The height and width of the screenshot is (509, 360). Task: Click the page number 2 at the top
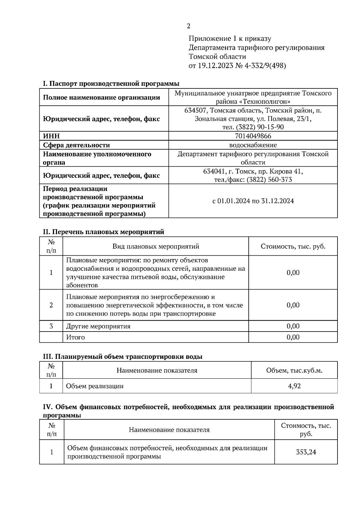188,26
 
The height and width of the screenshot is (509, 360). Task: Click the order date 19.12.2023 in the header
215,66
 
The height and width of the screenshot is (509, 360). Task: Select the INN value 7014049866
253,136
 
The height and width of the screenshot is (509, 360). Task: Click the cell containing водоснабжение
253,145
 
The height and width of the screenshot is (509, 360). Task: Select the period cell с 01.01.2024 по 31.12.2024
253,201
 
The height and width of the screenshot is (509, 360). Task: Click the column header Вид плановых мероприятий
156,246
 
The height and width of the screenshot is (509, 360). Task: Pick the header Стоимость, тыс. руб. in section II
293,246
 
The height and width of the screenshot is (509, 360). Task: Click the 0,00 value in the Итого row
293,337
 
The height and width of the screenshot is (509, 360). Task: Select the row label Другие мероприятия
98,326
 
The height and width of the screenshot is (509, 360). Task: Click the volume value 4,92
294,386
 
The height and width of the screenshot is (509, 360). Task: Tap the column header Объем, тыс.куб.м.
294,371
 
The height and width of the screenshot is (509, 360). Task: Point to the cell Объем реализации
95,386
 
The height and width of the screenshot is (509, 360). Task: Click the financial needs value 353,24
306,452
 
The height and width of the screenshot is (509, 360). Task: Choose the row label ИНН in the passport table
51,136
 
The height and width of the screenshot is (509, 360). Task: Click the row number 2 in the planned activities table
51,305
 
